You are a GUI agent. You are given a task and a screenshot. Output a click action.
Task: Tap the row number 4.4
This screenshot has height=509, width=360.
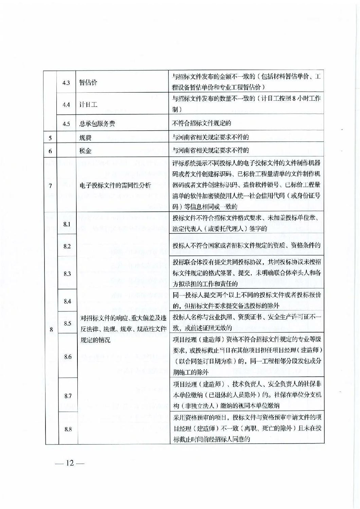point(66,105)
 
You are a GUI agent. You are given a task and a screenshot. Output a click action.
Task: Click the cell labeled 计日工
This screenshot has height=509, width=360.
point(88,105)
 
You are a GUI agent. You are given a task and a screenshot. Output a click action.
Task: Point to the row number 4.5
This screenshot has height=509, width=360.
point(66,124)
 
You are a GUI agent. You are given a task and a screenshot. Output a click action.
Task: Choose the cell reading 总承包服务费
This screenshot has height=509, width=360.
point(97,124)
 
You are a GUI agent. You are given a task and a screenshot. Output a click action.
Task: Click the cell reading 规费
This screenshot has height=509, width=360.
point(85,138)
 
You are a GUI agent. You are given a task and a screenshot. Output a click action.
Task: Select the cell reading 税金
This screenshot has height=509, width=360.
point(85,151)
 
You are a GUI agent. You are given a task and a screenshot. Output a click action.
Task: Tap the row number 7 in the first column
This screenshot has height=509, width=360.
point(50,186)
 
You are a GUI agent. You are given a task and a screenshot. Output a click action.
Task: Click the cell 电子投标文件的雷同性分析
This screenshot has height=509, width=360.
point(115,186)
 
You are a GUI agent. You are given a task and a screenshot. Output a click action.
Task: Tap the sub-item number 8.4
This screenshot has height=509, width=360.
point(67,301)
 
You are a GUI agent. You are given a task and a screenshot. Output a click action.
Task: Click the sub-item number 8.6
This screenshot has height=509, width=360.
point(68,357)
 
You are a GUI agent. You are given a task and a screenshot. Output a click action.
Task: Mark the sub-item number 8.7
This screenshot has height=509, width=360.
point(68,396)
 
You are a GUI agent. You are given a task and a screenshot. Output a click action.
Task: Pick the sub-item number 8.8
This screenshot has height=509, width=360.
point(68,429)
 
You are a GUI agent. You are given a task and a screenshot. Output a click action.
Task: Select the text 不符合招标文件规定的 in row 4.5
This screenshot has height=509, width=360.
point(202,124)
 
